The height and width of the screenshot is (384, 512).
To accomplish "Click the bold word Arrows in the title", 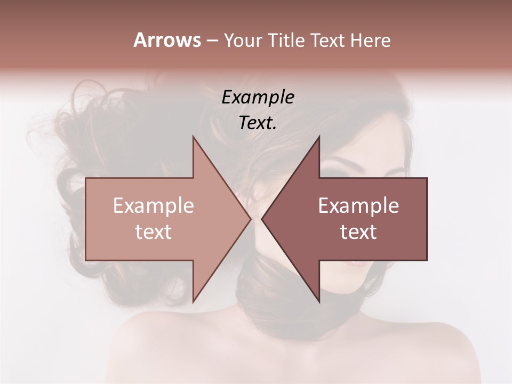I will (x=167, y=40).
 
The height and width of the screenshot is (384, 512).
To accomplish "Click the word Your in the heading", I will (x=244, y=40).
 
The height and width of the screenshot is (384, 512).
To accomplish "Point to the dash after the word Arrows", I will (x=212, y=41).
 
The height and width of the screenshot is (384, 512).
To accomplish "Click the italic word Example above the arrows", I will (x=258, y=98).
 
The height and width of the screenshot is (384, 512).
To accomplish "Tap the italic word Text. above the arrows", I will (x=258, y=123).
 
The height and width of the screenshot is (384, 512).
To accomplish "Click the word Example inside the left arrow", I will (x=154, y=206).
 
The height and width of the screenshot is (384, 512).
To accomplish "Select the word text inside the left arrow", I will (x=154, y=232).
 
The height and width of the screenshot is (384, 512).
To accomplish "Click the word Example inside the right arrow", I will (x=358, y=206).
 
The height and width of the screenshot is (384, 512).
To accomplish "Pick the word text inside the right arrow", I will (x=358, y=232).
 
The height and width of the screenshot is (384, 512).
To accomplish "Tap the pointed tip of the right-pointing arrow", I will (x=250, y=219).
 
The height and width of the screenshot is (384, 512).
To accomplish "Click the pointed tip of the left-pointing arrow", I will (x=262, y=219).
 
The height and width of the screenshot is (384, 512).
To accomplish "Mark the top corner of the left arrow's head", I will (x=193, y=137).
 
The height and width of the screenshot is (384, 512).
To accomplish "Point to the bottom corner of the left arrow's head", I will (x=193, y=302).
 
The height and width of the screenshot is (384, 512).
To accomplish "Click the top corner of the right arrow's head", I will (x=319, y=137).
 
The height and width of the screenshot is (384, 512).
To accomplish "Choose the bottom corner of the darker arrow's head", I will (x=319, y=302).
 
